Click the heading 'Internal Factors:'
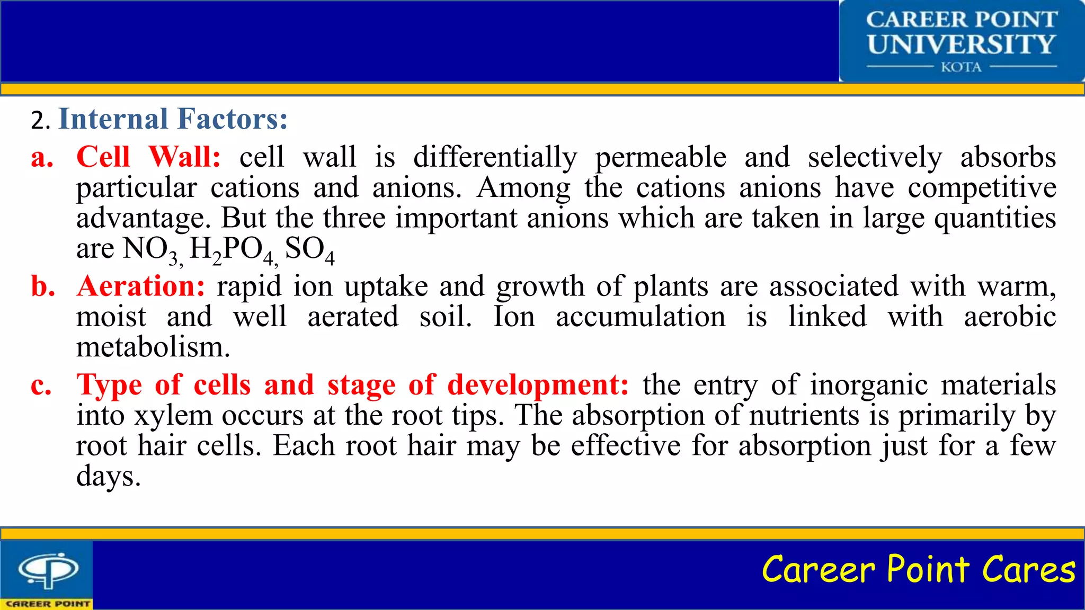click(x=173, y=119)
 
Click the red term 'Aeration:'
click(x=141, y=286)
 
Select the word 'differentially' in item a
click(x=495, y=158)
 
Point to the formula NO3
click(x=151, y=249)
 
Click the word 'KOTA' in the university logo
click(x=961, y=67)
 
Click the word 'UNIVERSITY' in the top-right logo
click(x=961, y=44)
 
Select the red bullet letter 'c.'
click(x=41, y=385)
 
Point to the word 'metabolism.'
click(x=153, y=348)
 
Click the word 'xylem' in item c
click(x=173, y=416)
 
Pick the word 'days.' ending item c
click(x=109, y=477)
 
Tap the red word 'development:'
click(x=538, y=385)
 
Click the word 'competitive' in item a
click(x=982, y=188)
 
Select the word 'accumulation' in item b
click(x=641, y=317)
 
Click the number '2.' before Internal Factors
click(x=40, y=121)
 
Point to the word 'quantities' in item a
click(x=994, y=219)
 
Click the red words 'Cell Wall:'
click(x=148, y=158)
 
